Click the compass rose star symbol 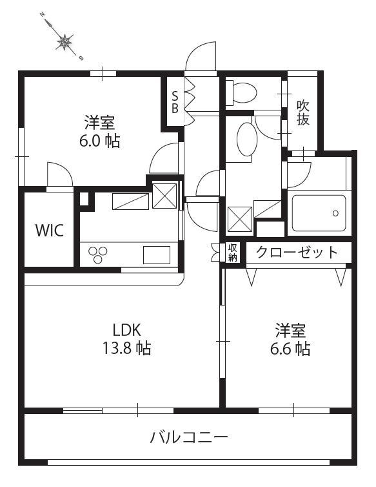coord(64,41)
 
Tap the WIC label coord(50,230)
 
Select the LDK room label coord(127,330)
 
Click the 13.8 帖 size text coord(127,348)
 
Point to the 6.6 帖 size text coord(290,349)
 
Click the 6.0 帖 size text coord(99,141)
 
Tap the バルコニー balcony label coord(189,438)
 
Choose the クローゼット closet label coord(297,252)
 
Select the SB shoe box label coord(175,102)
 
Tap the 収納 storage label coord(233,252)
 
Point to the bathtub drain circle coord(335,213)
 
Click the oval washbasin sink coord(247,139)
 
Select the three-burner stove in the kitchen coord(98,254)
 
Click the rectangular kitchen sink coord(157,254)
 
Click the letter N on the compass coord(41,15)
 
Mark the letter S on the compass coord(81,58)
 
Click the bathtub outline coord(319,213)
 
